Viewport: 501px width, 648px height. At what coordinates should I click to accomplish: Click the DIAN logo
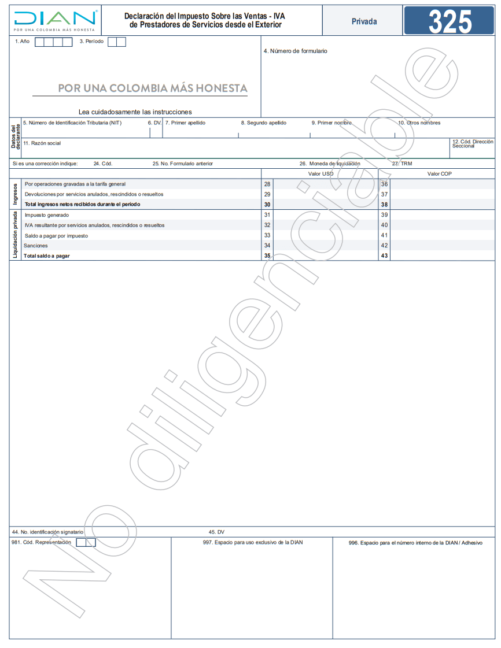click(55, 21)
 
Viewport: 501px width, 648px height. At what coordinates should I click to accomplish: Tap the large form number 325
click(450, 21)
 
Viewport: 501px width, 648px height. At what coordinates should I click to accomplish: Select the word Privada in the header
click(364, 21)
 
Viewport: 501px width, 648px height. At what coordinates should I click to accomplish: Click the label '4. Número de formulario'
click(295, 51)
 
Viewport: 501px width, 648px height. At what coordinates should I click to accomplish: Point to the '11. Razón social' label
click(42, 143)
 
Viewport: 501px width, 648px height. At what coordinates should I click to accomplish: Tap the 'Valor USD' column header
click(321, 174)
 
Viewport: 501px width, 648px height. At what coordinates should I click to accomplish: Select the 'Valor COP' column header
click(439, 174)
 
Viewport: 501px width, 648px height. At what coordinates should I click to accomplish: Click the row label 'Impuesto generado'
click(46, 215)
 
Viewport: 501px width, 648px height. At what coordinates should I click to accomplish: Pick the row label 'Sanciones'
click(36, 246)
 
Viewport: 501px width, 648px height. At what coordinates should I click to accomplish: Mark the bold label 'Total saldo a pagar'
click(47, 256)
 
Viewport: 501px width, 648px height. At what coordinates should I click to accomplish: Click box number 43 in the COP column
click(384, 256)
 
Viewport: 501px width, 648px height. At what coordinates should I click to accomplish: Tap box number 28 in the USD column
click(267, 184)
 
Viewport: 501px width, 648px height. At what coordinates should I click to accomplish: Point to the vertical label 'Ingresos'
click(16, 194)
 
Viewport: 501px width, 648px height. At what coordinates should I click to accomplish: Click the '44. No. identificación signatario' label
click(48, 532)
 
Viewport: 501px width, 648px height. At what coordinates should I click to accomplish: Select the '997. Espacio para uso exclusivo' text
click(253, 543)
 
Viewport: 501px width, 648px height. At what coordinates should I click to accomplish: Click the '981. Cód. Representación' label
click(41, 542)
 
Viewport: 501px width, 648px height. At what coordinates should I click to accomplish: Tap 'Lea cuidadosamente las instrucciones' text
click(135, 112)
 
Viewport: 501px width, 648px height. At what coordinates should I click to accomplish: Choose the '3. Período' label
click(92, 42)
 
